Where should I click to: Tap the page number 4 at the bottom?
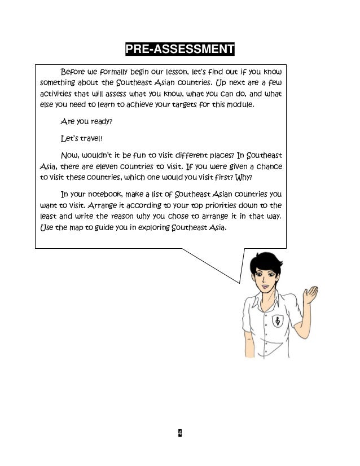[179, 433]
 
